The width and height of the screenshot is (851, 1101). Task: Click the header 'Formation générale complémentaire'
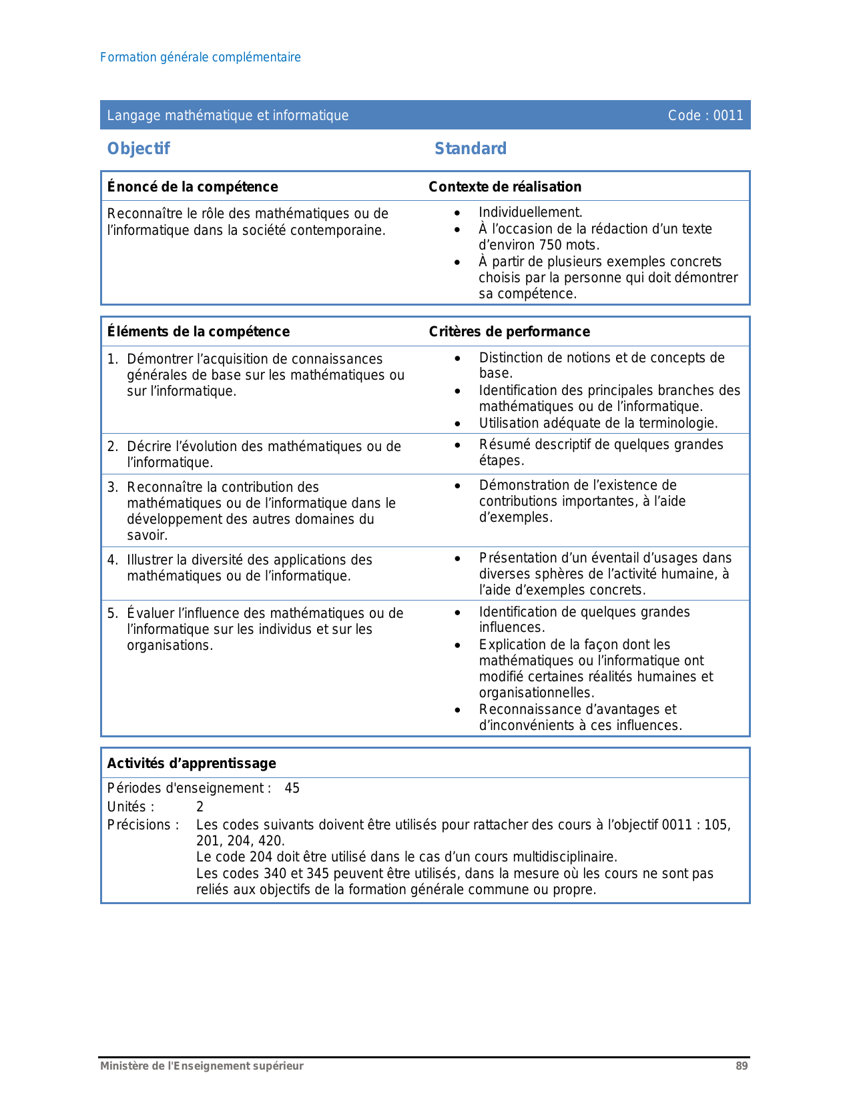point(200,57)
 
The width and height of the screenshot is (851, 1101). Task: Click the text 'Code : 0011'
point(705,115)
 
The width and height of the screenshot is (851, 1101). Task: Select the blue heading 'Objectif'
point(139,149)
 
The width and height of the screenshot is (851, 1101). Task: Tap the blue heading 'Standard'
point(471,149)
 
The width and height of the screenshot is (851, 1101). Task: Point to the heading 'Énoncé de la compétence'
point(192,187)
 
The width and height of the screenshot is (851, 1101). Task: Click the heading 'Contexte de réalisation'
point(505,187)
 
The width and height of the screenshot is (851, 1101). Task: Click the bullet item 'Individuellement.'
point(531,213)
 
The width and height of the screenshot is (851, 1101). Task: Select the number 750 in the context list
point(551,245)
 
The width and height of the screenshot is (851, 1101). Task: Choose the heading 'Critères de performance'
point(509,332)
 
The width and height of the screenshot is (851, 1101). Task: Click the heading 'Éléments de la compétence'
point(198,332)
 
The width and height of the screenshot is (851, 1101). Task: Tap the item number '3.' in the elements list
point(113,488)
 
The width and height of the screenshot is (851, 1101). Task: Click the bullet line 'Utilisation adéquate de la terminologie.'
point(598,423)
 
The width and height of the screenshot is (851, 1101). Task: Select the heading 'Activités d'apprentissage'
point(192,763)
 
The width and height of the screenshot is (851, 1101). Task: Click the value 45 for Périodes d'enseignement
point(292,789)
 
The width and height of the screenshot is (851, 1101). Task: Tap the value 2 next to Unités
point(200,807)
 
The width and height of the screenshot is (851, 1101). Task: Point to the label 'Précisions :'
point(143,825)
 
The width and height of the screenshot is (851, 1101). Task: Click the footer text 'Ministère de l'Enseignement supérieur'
point(202,1066)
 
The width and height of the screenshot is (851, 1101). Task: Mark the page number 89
point(742,1066)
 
